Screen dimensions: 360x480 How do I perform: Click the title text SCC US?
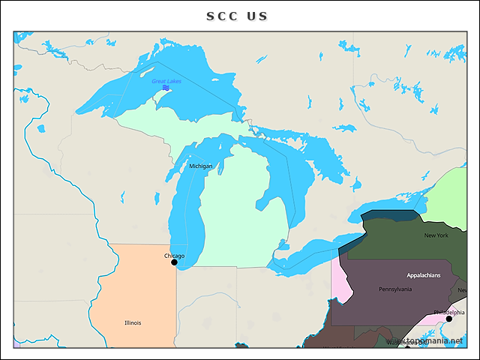[x=237, y=16]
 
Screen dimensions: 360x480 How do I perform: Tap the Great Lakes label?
[x=166, y=81]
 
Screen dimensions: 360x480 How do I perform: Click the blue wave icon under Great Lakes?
[x=166, y=88]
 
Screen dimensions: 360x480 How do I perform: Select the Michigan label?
[x=200, y=166]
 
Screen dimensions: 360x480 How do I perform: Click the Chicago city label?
[x=174, y=256]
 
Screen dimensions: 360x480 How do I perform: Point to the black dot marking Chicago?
[x=174, y=262]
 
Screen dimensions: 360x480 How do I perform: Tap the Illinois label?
[x=133, y=322]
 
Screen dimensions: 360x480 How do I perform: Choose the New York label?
[x=436, y=235]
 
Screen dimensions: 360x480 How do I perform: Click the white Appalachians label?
[x=424, y=275]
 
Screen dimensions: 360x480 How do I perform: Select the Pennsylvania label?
[x=394, y=289]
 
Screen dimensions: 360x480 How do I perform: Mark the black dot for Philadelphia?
[x=449, y=319]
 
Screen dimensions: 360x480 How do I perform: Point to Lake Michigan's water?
[x=187, y=217]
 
